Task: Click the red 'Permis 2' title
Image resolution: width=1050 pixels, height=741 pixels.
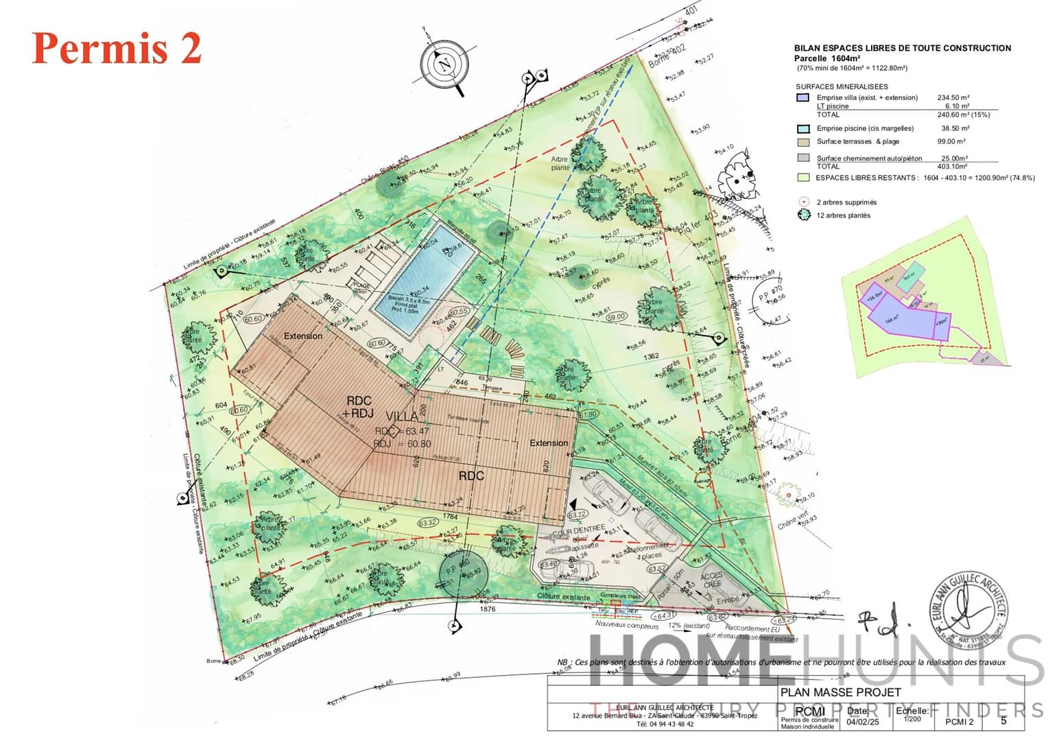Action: [x=117, y=48]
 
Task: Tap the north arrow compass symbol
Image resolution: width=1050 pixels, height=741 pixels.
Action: [x=445, y=65]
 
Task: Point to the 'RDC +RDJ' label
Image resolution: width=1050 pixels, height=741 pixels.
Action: [x=359, y=407]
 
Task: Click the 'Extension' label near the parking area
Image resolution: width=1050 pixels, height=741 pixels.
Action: [x=549, y=443]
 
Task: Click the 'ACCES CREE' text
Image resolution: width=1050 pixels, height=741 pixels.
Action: [x=711, y=580]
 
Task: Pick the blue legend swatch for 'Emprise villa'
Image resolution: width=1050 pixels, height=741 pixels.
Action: [x=803, y=98]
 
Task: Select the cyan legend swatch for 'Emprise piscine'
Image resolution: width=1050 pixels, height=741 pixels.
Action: [x=803, y=128]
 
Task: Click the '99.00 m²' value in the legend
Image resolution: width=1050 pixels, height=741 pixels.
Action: [x=951, y=141]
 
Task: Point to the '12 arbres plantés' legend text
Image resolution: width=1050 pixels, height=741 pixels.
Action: [x=843, y=215]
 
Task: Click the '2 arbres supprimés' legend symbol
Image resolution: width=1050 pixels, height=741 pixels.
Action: [x=804, y=202]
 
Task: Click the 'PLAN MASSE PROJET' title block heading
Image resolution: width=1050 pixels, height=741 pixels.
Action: [x=840, y=692]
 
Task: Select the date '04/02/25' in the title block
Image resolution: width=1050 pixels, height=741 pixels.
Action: [x=862, y=722]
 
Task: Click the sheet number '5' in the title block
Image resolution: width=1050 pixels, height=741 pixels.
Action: [x=1003, y=720]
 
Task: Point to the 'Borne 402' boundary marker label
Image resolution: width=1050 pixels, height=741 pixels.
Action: [x=667, y=56]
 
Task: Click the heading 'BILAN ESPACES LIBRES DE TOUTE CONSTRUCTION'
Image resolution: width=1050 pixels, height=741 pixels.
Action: [x=903, y=48]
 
